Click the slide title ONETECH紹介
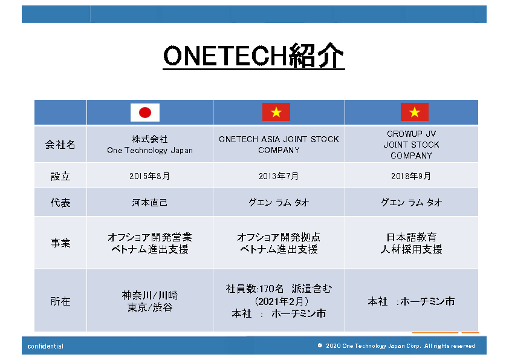253,56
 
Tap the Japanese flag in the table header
144,113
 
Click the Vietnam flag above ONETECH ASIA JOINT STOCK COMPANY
276,112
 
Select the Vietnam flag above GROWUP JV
415,112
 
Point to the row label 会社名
60,145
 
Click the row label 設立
60,176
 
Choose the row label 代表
60,203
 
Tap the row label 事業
60,243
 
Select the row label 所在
60,301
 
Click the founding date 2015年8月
150,176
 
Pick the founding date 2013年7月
279,176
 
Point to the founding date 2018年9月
411,176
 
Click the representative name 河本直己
150,203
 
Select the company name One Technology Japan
150,151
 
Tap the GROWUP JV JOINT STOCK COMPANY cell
411,145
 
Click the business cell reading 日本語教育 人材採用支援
411,243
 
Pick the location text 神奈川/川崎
150,295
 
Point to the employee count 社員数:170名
254,289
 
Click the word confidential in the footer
45,346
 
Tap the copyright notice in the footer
396,345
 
